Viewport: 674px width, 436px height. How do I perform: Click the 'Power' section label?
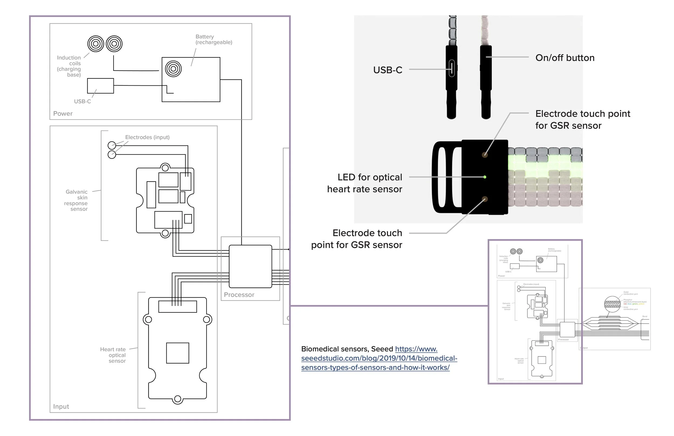coord(63,113)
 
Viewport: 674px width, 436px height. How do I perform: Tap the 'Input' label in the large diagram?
coord(61,407)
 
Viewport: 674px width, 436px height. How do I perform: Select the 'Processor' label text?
coord(239,295)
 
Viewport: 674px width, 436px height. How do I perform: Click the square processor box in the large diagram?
coord(250,267)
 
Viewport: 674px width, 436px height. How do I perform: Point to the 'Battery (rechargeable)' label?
coord(214,39)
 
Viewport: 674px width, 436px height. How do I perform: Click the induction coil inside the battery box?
coord(173,69)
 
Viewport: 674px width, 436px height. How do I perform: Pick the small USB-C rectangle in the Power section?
coord(100,86)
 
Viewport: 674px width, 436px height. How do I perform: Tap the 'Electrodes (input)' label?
coord(147,137)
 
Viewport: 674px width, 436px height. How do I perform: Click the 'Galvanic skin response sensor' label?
coord(76,200)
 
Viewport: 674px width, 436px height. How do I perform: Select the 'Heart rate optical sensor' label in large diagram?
coord(113,355)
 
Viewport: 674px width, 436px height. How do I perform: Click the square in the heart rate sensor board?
coord(178,353)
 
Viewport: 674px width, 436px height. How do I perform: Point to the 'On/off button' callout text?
coord(565,58)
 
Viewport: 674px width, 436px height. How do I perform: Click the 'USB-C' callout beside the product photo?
coord(387,70)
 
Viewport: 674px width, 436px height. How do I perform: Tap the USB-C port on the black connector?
coord(452,68)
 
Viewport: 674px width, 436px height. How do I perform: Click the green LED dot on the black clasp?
coord(485,177)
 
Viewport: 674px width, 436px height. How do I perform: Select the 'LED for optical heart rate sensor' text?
coord(365,183)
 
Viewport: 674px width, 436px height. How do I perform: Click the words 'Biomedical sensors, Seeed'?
coord(347,349)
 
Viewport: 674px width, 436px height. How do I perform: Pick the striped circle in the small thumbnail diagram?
coord(612,304)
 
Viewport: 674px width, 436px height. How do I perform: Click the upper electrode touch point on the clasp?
coord(485,155)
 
